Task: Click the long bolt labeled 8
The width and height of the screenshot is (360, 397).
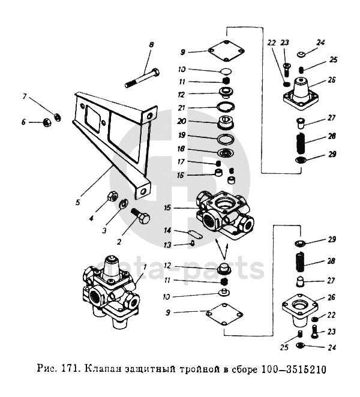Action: (x=142, y=78)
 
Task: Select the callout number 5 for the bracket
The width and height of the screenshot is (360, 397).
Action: (x=78, y=202)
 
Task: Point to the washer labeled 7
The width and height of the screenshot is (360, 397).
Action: (x=58, y=117)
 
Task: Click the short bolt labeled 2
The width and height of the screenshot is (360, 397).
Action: (x=140, y=217)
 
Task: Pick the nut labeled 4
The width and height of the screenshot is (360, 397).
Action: (x=112, y=196)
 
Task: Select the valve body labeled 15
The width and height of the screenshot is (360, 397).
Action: (x=224, y=215)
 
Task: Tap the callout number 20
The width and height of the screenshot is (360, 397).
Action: (x=181, y=121)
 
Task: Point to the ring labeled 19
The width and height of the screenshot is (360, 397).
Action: (x=226, y=140)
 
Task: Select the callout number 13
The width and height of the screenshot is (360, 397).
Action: (x=167, y=245)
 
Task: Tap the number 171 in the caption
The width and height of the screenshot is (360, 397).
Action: (x=68, y=369)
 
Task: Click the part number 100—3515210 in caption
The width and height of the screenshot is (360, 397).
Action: (x=293, y=369)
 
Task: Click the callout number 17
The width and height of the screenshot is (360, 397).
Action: (x=181, y=162)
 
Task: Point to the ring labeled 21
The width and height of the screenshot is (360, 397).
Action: (x=226, y=107)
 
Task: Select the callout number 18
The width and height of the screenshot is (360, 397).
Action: (x=181, y=149)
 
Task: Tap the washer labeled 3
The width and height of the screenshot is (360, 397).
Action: (x=124, y=204)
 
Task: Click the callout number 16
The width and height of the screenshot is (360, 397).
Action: (x=180, y=175)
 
